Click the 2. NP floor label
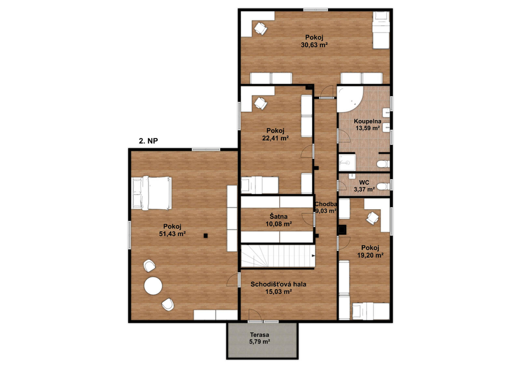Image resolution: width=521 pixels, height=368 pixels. click(x=148, y=141)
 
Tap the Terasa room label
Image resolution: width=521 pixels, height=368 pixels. click(x=259, y=335)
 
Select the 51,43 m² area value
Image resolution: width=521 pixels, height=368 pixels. click(x=172, y=234)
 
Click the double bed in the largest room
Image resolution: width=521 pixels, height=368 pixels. click(x=152, y=193)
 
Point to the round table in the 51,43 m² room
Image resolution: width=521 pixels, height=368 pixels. click(x=153, y=286)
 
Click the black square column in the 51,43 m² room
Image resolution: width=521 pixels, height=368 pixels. click(x=206, y=236)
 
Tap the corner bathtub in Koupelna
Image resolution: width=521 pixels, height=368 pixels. click(x=350, y=99)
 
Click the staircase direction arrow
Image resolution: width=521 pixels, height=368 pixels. click(x=313, y=256)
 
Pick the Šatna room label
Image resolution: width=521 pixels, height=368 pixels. click(x=278, y=217)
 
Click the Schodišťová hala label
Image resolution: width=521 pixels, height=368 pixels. click(x=278, y=284)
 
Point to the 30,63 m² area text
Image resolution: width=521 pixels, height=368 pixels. click(x=314, y=45)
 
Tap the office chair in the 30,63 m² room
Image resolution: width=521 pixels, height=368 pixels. click(x=260, y=28)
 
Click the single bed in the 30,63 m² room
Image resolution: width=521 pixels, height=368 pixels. click(x=381, y=30)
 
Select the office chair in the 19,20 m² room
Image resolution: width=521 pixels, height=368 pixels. click(x=372, y=218)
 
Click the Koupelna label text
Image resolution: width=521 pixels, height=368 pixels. click(x=367, y=121)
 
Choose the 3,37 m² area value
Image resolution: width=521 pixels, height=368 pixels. click(x=364, y=189)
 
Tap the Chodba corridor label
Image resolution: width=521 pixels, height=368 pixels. click(x=326, y=204)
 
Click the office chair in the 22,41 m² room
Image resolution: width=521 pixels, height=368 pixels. click(x=260, y=103)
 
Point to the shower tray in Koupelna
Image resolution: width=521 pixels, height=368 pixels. click(x=347, y=162)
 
